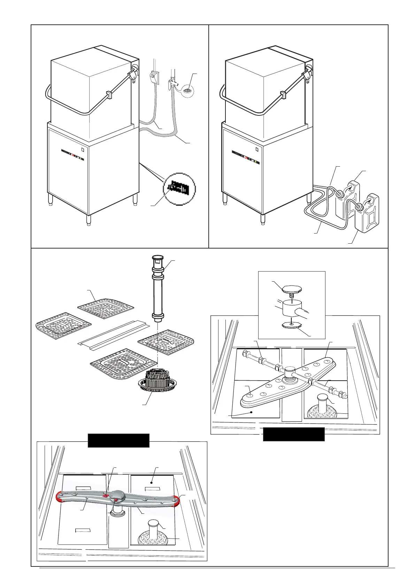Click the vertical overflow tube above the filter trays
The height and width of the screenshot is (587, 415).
157,288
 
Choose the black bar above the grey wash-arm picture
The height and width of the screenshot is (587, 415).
118,440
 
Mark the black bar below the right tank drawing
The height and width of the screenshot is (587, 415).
293,434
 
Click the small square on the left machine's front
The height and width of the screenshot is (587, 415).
82,150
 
